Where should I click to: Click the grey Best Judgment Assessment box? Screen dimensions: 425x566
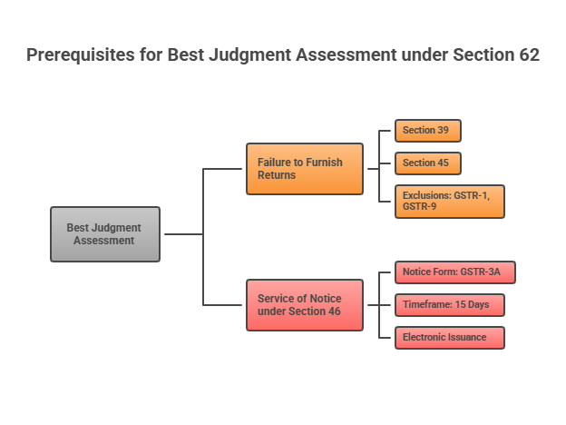104,234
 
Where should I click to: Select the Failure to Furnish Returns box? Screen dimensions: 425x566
304,169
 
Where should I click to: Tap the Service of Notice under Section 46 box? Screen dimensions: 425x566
304,305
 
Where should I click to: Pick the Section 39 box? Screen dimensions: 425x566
427,131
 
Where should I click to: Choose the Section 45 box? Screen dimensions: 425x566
427,163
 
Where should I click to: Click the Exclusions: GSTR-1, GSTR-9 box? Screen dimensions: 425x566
449,202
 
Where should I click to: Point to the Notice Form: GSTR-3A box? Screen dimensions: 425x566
454,272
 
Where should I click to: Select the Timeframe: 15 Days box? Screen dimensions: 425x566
449,305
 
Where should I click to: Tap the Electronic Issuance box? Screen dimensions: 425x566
449,338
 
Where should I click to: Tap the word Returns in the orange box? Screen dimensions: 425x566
277,175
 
